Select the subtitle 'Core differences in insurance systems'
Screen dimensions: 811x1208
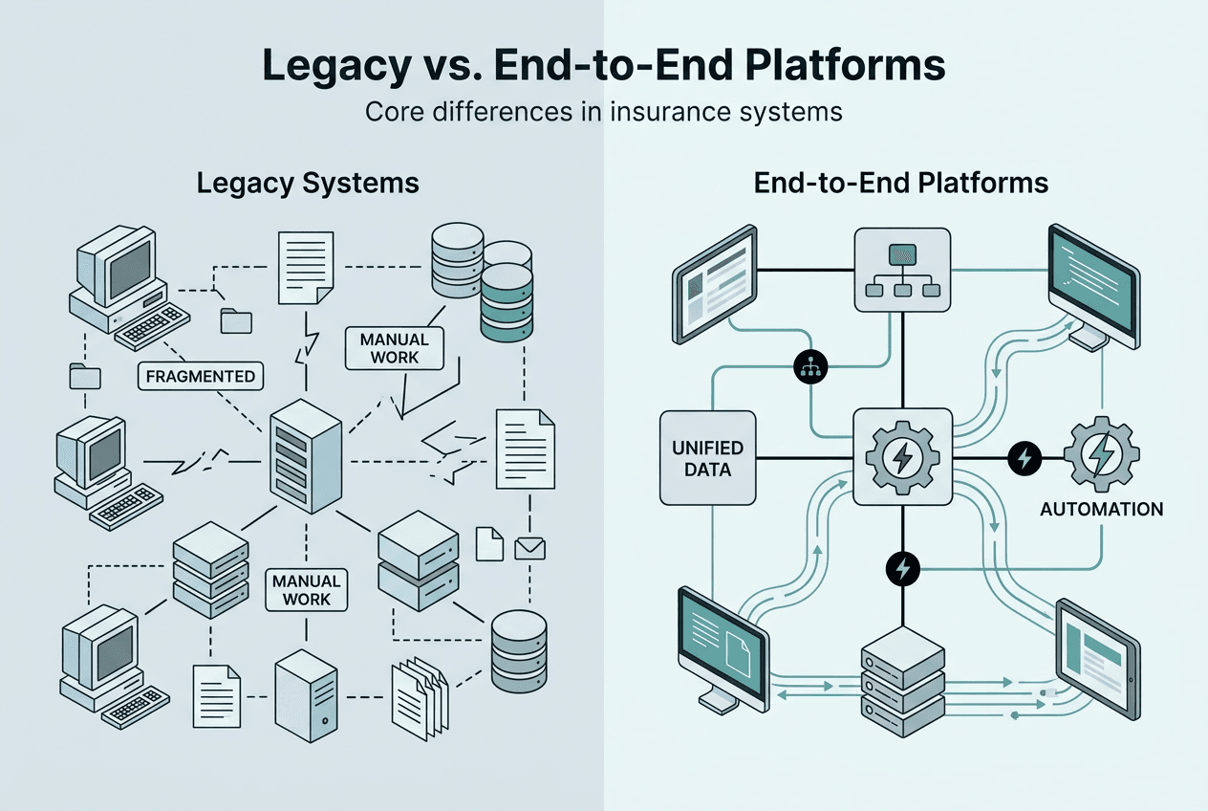coord(603,112)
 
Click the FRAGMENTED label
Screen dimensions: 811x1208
coord(202,376)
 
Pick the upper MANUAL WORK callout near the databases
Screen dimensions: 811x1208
coord(395,348)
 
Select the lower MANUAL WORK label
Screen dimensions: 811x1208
coord(306,589)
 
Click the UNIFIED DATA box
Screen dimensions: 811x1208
coord(707,458)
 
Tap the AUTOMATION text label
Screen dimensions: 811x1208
coord(1101,509)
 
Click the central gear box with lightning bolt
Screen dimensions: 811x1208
coord(901,456)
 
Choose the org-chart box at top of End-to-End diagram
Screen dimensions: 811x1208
coord(901,269)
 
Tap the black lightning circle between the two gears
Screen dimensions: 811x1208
coord(1024,457)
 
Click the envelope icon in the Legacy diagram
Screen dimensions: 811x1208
coord(528,548)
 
